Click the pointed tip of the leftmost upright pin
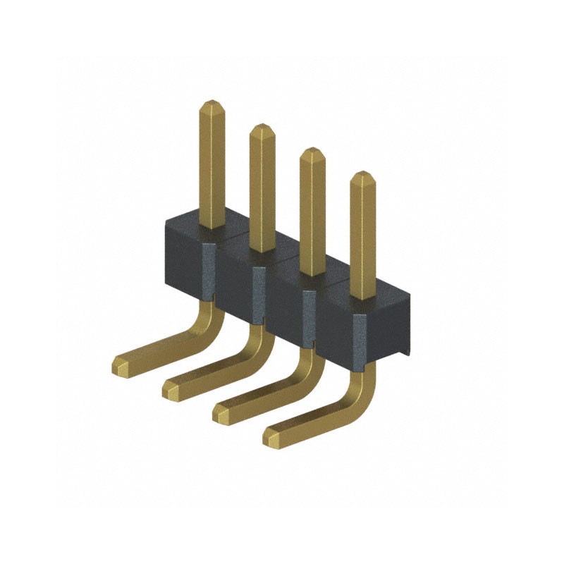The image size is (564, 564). point(211,106)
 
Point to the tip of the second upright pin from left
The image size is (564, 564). point(262,130)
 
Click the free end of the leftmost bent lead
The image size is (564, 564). point(121,365)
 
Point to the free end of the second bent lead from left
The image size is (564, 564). point(171,388)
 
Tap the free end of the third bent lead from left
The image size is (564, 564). point(221,413)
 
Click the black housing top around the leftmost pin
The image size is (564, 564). point(190,227)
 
